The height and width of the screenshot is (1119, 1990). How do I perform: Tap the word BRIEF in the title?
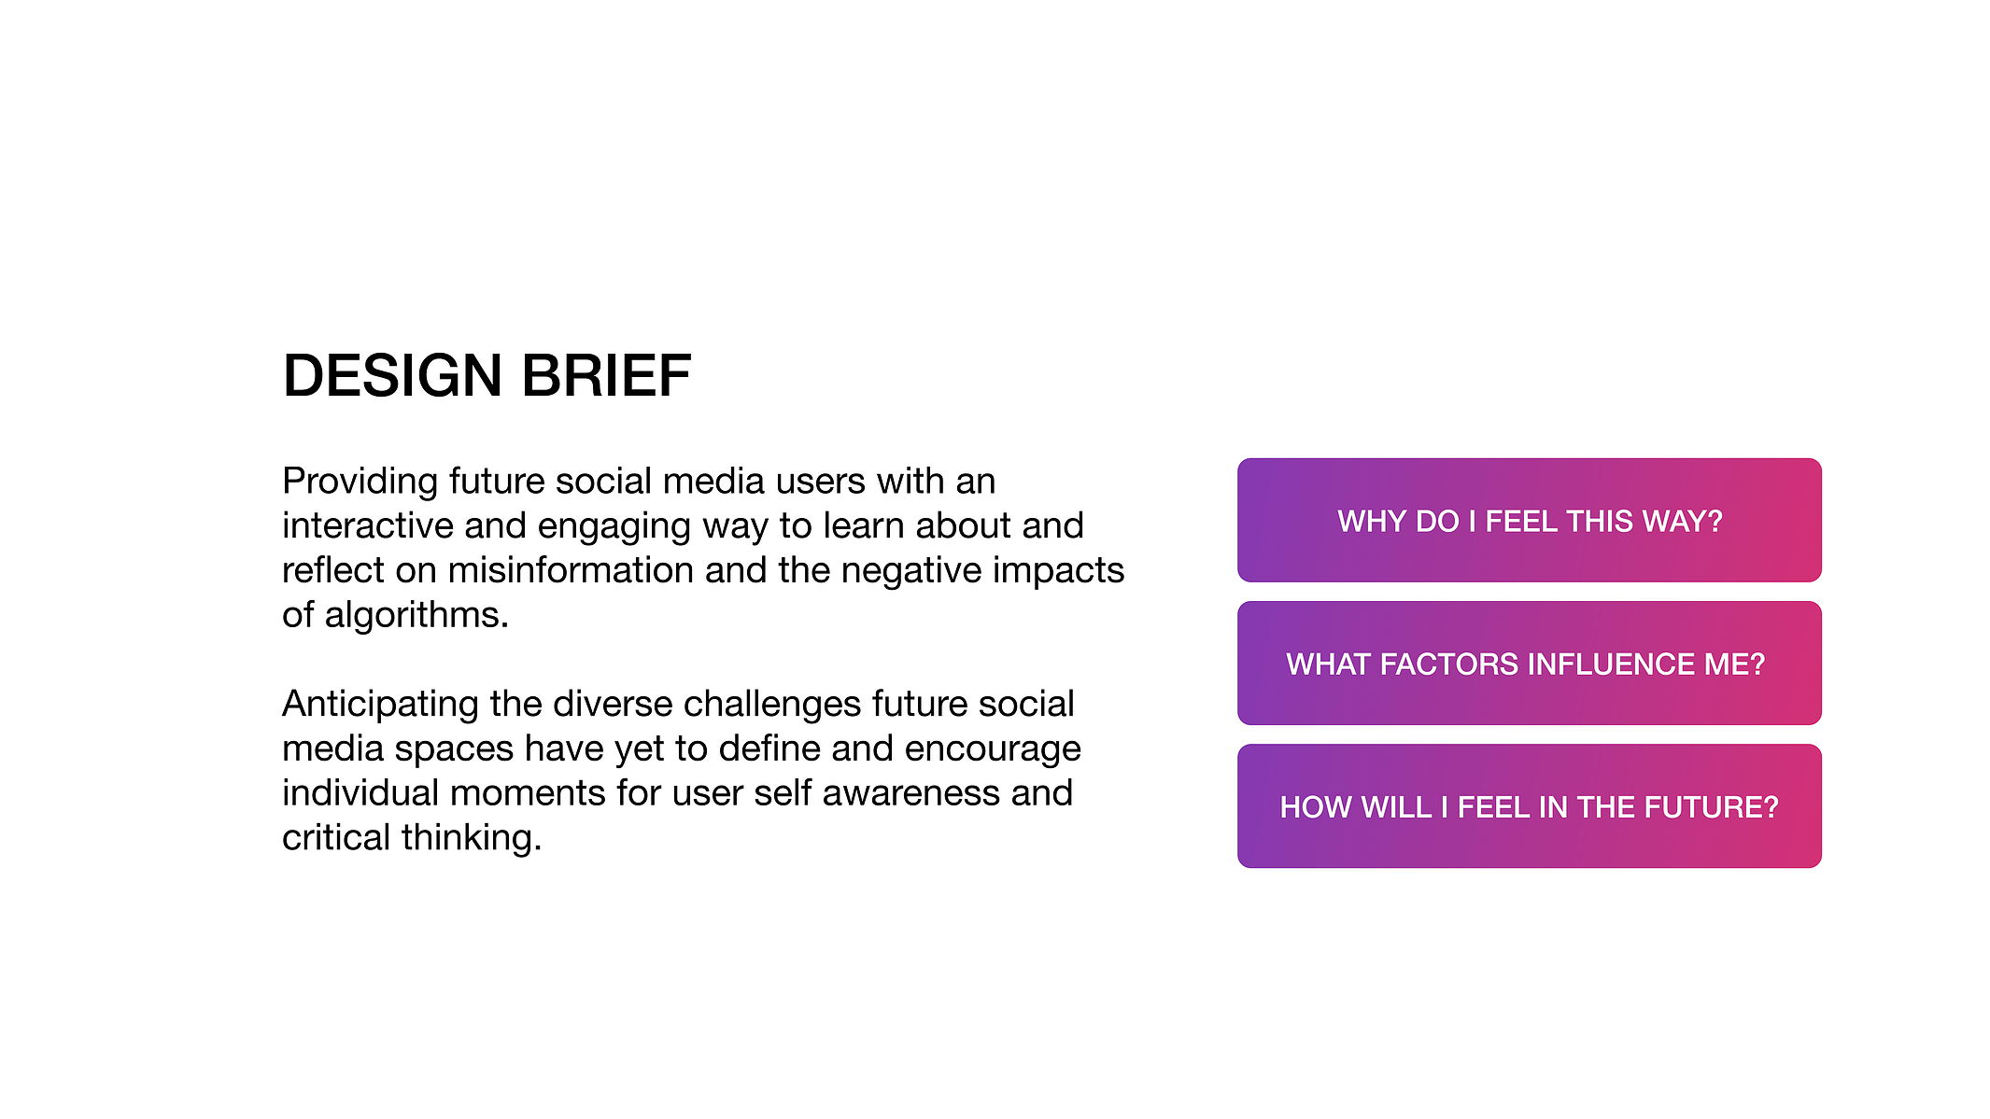tap(606, 376)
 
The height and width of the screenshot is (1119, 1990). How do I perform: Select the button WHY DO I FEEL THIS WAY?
tap(1530, 520)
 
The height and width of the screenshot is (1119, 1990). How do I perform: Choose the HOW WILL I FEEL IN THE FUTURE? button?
tap(1530, 806)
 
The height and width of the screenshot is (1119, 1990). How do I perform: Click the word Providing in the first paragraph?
tap(360, 483)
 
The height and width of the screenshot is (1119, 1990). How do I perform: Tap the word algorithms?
tap(416, 616)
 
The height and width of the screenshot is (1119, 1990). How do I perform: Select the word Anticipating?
tap(381, 705)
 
